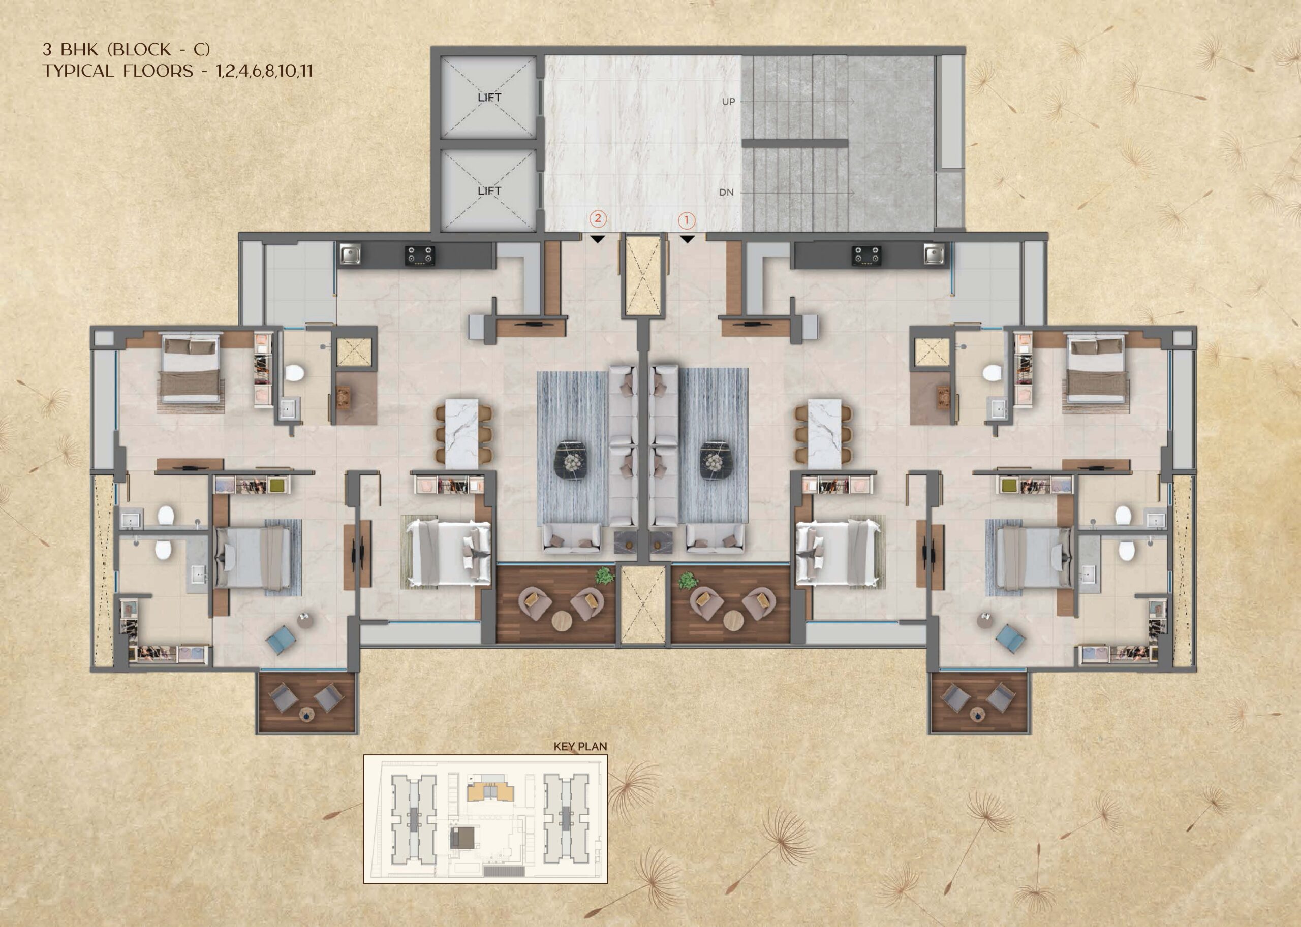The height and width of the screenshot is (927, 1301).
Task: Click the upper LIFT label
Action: click(x=489, y=98)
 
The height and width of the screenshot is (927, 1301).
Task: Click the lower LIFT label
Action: click(x=489, y=190)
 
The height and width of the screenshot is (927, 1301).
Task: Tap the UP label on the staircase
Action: click(x=728, y=102)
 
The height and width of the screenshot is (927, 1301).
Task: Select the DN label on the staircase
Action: click(x=726, y=193)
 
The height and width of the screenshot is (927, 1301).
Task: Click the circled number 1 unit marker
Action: click(x=687, y=220)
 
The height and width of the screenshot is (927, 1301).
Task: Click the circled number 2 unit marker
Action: click(x=598, y=218)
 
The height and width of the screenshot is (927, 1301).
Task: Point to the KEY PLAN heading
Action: click(x=580, y=746)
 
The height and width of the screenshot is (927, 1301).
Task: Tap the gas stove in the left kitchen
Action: click(x=420, y=255)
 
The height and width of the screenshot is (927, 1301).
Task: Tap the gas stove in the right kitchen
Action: click(x=866, y=255)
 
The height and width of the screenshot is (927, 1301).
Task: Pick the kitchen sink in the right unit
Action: click(x=935, y=254)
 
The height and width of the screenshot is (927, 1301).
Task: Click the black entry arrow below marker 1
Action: click(x=687, y=239)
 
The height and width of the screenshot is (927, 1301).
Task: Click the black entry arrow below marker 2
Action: click(x=597, y=239)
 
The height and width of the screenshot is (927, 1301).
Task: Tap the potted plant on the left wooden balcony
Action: click(x=604, y=576)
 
